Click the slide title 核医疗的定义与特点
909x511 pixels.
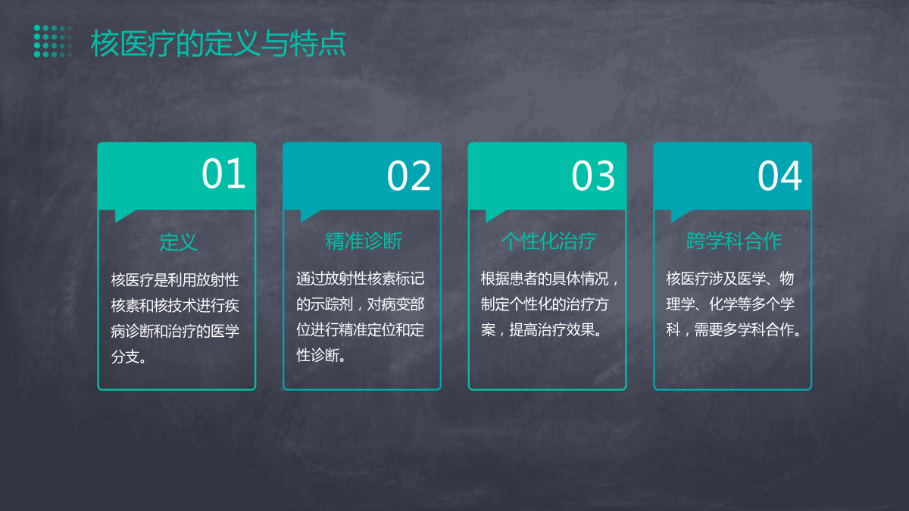click(x=218, y=43)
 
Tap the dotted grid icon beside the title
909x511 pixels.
click(x=53, y=41)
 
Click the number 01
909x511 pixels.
click(x=223, y=173)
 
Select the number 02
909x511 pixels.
click(x=408, y=176)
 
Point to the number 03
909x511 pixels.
click(x=593, y=176)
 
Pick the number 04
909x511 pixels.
click(x=779, y=176)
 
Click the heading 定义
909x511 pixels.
click(x=178, y=242)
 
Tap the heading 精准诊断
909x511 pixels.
click(x=363, y=241)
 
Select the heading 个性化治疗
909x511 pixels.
click(x=548, y=241)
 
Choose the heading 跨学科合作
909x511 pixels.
click(x=734, y=241)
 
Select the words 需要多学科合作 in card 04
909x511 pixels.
click(x=743, y=330)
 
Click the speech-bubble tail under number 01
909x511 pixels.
click(x=123, y=215)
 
